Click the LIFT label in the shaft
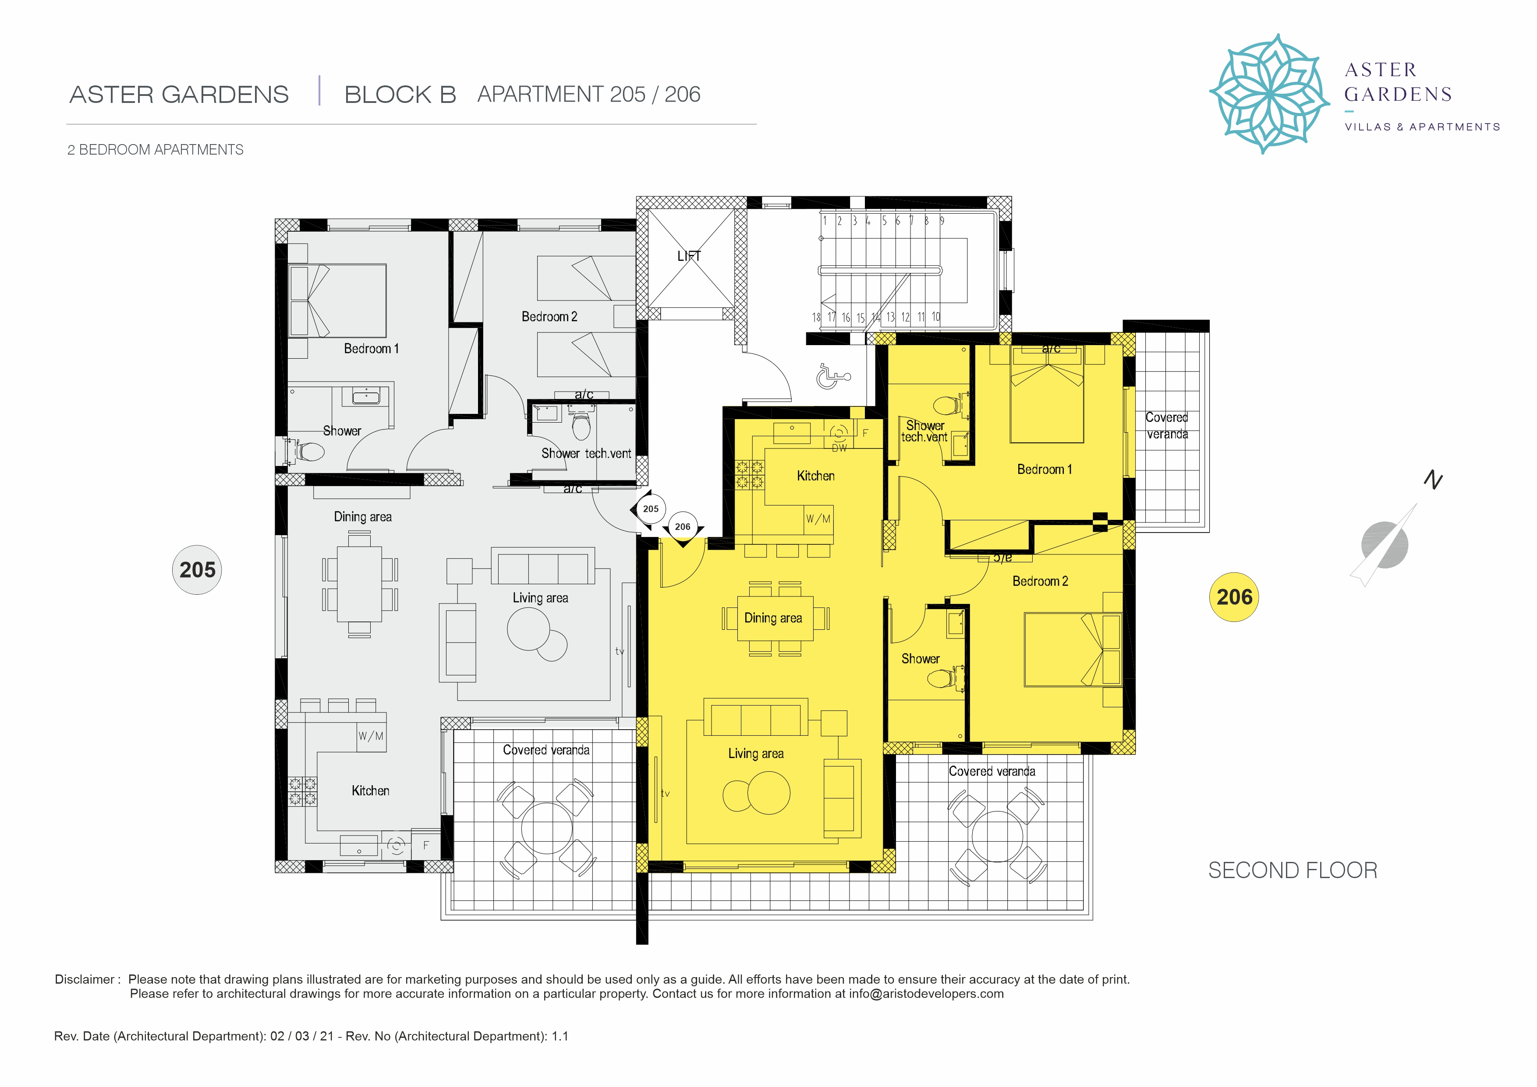point(689,256)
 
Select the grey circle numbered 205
point(198,570)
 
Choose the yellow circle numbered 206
point(1234,597)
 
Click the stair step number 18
point(816,317)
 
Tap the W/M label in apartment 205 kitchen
point(371,736)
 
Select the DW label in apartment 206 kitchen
point(839,448)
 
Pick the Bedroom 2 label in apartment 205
point(549,317)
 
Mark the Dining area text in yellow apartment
point(773,618)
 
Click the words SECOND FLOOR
point(1293,870)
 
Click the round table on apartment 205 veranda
point(547,828)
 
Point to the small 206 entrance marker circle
point(682,527)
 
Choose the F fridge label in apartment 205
point(426,845)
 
